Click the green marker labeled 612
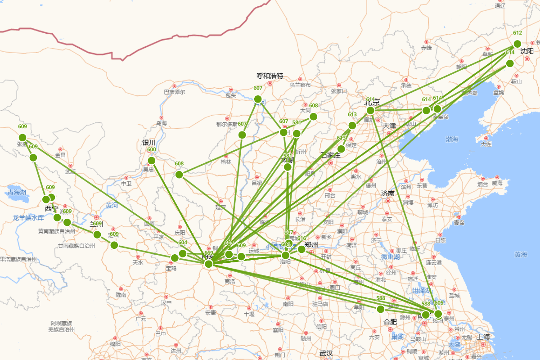pos(517,44)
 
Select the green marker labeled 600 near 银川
pos(152,161)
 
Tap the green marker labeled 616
pos(301,249)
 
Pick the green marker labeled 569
pos(208,264)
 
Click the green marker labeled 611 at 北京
pos(370,110)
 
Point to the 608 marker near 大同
pos(314,117)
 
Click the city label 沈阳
pos(527,51)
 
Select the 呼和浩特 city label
pos(270,76)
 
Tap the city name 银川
pos(149,143)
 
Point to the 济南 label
pos(388,193)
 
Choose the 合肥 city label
pos(390,322)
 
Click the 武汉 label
pos(326,353)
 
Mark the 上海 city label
pos(484,337)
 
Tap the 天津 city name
pos(389,126)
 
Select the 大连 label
pos(486,144)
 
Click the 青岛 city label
pos(459,222)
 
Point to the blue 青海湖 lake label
pos(17,193)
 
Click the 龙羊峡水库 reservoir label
pos(28,218)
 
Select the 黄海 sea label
pos(521,255)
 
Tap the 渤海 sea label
pos(452,139)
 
